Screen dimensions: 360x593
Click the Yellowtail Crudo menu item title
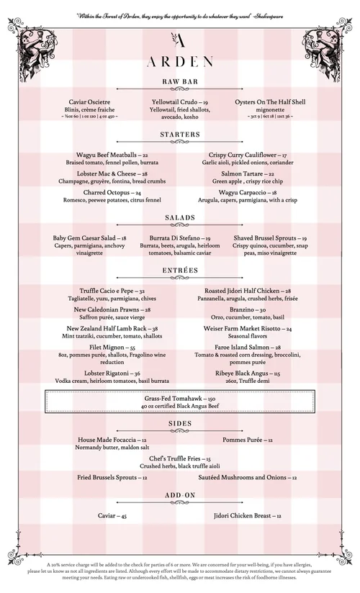coord(180,103)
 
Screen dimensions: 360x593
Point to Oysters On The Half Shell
coord(270,103)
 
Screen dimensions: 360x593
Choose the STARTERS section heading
coord(180,135)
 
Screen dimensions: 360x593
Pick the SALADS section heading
coord(180,217)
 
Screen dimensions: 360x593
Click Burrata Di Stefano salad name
coord(180,237)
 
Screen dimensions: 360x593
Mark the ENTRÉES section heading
coord(180,270)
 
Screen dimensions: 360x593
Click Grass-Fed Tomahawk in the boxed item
coord(180,398)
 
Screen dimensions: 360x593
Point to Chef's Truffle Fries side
coord(180,458)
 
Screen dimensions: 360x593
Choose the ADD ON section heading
coord(180,495)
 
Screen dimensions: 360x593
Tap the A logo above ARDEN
coord(180,40)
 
